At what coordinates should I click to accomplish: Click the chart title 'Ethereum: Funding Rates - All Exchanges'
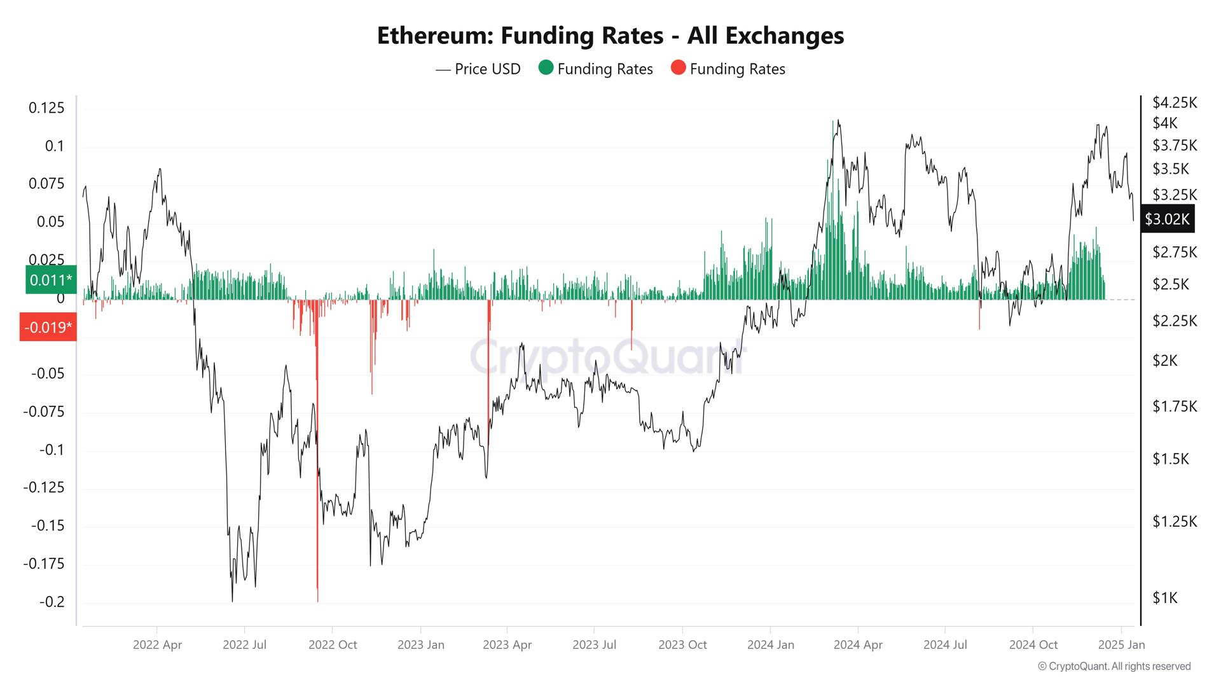(x=610, y=36)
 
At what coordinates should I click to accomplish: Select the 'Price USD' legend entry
(x=478, y=69)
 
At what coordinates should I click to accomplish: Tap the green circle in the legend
(x=546, y=68)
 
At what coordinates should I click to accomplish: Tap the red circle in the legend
(x=679, y=68)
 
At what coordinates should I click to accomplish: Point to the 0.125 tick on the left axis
(x=46, y=108)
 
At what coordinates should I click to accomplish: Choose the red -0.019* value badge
(x=48, y=327)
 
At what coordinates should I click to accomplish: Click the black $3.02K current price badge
(x=1167, y=219)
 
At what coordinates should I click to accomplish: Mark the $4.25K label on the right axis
(x=1174, y=102)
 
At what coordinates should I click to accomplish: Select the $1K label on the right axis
(x=1165, y=598)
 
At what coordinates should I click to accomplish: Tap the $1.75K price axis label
(x=1174, y=406)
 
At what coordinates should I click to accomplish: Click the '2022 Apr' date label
(x=157, y=644)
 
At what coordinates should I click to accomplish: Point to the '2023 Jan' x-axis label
(x=420, y=644)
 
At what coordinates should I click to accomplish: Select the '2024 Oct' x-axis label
(x=1033, y=644)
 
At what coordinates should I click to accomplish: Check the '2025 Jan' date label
(x=1121, y=644)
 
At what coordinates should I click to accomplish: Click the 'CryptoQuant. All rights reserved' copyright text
(x=1114, y=666)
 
